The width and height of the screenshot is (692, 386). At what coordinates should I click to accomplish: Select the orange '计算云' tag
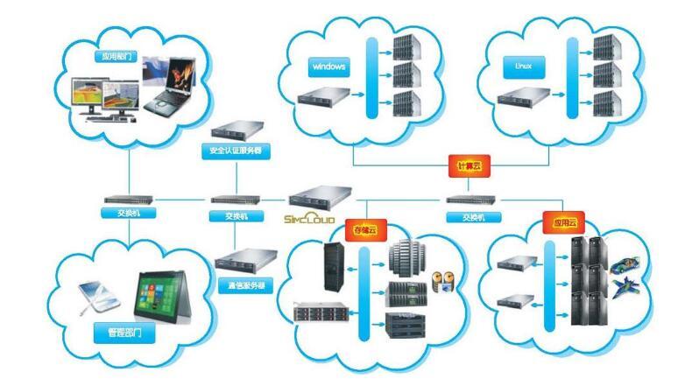click(x=465, y=165)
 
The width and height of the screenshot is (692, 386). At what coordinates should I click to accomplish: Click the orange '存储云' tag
click(x=364, y=230)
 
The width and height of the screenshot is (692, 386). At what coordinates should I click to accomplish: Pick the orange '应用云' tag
click(x=561, y=223)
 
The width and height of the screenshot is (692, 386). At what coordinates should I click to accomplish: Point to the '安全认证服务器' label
click(x=234, y=151)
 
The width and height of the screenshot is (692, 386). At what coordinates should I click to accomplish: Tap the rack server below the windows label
click(x=323, y=95)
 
